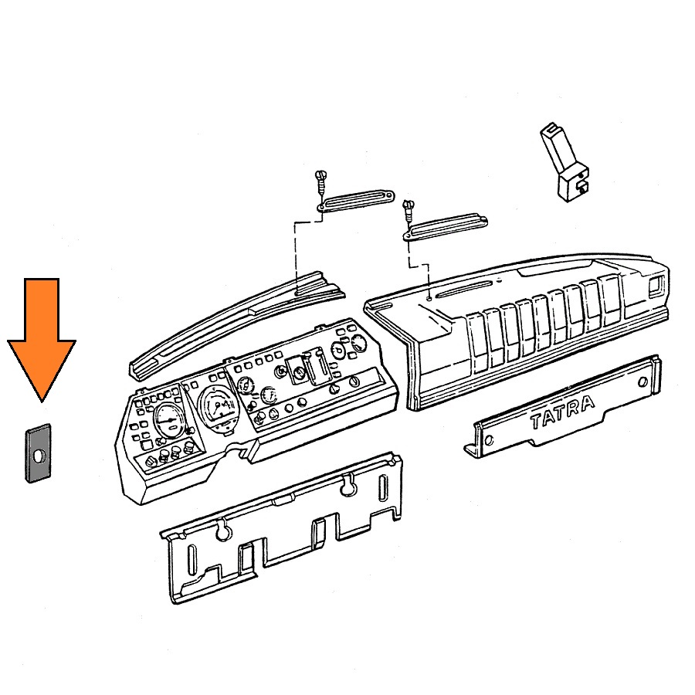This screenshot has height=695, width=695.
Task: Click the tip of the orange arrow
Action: (x=42, y=402)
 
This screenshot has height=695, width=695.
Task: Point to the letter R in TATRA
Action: (x=573, y=409)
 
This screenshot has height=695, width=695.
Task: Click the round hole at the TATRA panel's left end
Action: (x=489, y=441)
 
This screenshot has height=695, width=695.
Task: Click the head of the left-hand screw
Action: (x=320, y=175)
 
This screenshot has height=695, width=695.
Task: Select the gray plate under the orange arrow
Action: (x=38, y=453)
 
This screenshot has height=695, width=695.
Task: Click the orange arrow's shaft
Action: (x=42, y=310)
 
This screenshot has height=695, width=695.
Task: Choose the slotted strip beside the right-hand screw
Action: (x=445, y=226)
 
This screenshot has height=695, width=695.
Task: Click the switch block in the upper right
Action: (x=564, y=162)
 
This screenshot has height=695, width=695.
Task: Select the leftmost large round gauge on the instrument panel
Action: (x=168, y=420)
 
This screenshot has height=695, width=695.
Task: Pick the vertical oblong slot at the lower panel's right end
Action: (x=384, y=489)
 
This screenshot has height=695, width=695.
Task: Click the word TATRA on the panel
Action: (x=562, y=412)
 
